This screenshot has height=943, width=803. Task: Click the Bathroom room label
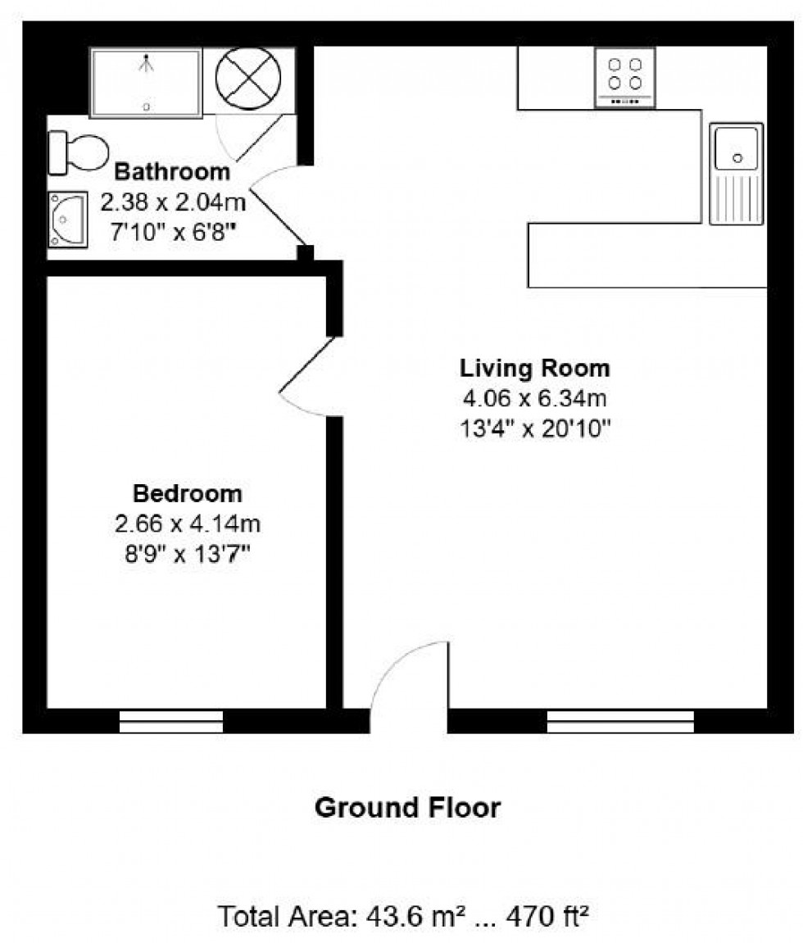tap(172, 172)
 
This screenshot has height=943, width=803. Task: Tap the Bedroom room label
tap(188, 494)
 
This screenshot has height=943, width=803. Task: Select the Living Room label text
tap(534, 368)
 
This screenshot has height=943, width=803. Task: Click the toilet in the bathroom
tap(80, 152)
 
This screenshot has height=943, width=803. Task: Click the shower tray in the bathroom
tap(146, 82)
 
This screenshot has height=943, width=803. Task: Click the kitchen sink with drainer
tap(736, 173)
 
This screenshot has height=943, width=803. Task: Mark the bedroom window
tap(171, 721)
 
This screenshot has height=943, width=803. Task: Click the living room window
tap(620, 721)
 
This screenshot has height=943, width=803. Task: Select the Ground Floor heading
tap(407, 808)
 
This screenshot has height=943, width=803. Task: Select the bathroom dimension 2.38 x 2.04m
tap(172, 201)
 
